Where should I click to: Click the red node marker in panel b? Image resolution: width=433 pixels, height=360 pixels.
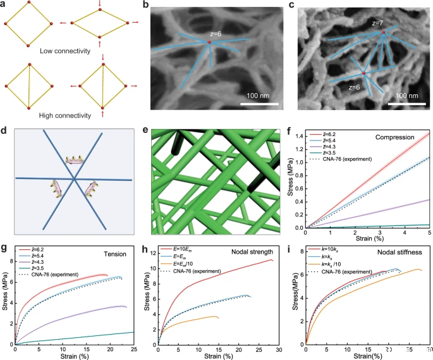(209, 42)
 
